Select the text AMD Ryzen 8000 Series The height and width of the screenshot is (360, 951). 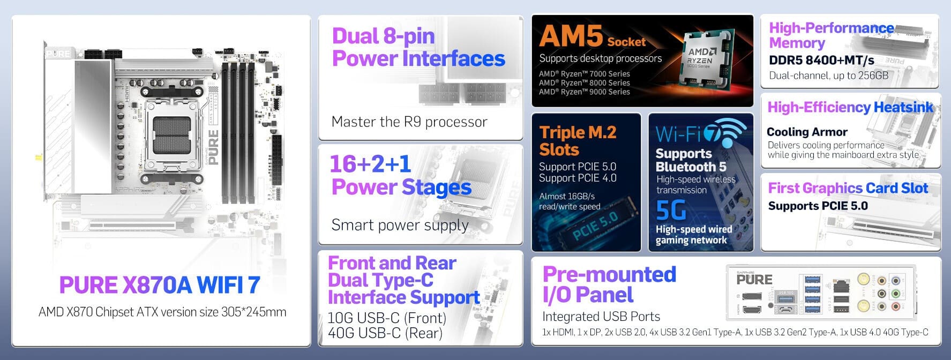[584, 82]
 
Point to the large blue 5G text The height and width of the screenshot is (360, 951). [671, 210]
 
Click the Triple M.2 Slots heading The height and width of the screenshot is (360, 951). [577, 140]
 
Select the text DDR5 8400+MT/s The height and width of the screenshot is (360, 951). [821, 60]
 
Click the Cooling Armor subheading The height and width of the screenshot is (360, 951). [806, 132]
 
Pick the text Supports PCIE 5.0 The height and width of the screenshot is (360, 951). [818, 206]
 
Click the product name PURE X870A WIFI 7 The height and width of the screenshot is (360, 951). [160, 285]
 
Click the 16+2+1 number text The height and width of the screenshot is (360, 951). [370, 164]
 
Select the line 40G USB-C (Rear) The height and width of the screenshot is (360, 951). [385, 333]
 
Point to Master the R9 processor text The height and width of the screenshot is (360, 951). [409, 122]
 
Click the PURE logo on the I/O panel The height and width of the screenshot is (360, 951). [754, 280]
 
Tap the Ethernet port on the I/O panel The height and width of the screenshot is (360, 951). [841, 286]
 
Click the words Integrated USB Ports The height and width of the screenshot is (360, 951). [601, 316]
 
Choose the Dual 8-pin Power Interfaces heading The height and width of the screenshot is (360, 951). [418, 47]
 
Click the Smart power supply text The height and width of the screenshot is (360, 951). [399, 224]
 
